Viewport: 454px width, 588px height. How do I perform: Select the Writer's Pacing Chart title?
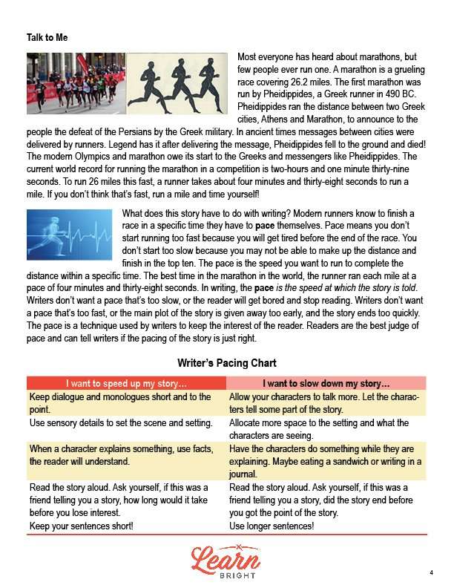(227, 363)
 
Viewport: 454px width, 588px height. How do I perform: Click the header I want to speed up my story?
(126, 384)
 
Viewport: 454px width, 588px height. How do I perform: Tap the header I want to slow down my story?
(327, 384)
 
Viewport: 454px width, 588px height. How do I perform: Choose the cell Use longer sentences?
(272, 526)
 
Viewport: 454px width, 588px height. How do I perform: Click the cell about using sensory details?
(119, 422)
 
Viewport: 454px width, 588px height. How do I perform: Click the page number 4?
(430, 572)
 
